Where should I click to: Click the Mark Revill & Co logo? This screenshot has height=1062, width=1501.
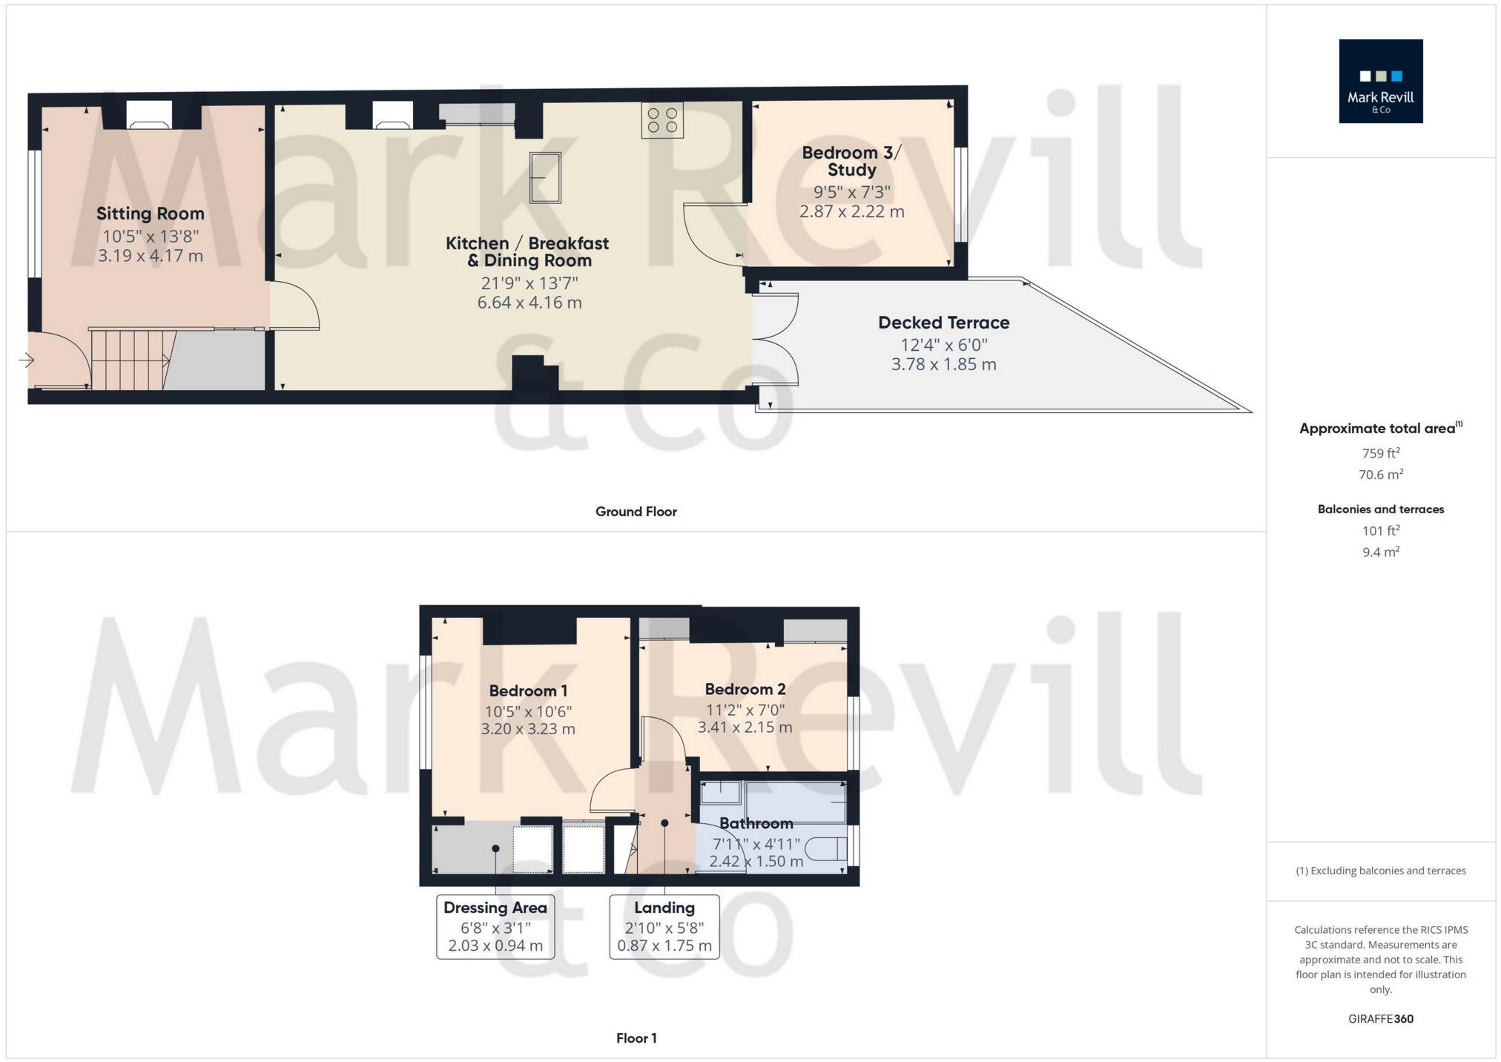click(1380, 81)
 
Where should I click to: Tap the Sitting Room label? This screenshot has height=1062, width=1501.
click(151, 214)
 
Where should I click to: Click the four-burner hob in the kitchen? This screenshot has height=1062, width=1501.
click(662, 120)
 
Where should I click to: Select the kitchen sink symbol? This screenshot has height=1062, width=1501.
click(545, 178)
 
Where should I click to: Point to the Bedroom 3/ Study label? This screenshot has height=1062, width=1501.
click(851, 161)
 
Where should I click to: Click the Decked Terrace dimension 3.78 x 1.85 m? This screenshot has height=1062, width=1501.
click(943, 364)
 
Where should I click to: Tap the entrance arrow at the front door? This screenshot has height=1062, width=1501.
click(26, 361)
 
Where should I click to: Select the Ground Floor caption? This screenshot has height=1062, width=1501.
click(636, 512)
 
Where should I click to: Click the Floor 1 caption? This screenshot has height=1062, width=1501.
click(636, 1038)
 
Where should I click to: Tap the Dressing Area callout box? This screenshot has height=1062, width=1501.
click(495, 927)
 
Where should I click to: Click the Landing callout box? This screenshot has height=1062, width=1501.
click(664, 927)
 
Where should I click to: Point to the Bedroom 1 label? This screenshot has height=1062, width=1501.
click(528, 691)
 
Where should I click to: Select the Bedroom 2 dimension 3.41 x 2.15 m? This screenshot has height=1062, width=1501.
click(745, 728)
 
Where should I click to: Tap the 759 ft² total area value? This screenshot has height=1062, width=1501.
click(1380, 453)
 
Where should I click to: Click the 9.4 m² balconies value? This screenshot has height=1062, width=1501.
click(1380, 552)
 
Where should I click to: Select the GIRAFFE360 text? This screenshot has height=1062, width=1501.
click(1380, 1019)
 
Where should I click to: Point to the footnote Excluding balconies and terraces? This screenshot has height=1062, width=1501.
click(1380, 871)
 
